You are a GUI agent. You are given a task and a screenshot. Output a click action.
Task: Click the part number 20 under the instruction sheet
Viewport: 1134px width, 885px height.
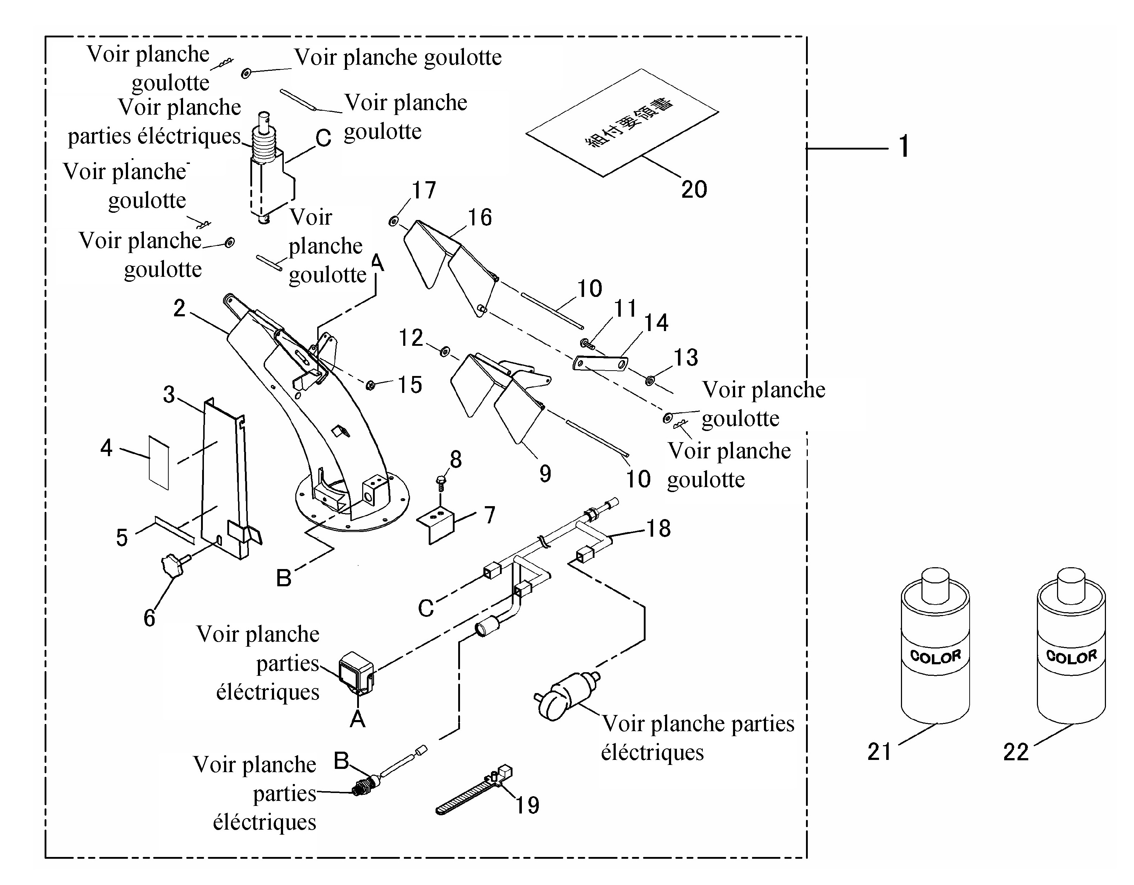point(694,189)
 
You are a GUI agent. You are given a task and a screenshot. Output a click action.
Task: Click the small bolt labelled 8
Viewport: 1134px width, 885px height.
point(440,482)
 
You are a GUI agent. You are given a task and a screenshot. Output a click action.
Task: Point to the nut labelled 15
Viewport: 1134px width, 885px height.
point(371,385)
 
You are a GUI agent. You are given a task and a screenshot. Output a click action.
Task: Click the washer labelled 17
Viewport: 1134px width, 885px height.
point(393,222)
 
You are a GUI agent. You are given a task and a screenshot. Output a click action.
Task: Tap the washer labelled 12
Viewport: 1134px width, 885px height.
point(445,352)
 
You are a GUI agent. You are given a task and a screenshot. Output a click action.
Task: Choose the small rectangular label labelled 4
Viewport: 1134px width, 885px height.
point(159,463)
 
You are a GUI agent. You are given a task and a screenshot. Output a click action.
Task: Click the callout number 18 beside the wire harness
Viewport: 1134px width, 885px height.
point(659,528)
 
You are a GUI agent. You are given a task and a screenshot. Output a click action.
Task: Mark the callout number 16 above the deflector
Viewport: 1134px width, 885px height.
point(479,217)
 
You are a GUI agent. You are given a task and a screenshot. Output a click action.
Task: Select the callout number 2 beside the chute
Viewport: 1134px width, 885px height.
point(179,308)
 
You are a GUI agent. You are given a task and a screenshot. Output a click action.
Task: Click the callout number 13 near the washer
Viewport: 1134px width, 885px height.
point(686,358)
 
